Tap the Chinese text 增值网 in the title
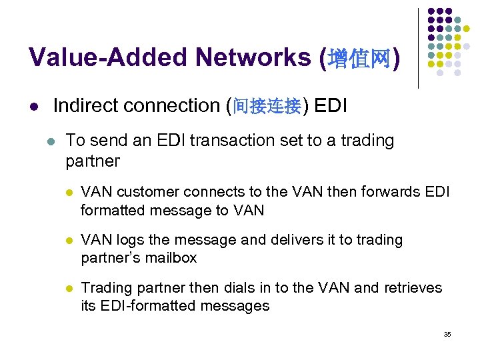[x=360, y=59]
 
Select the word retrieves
[x=411, y=288]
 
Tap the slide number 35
[x=447, y=334]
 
